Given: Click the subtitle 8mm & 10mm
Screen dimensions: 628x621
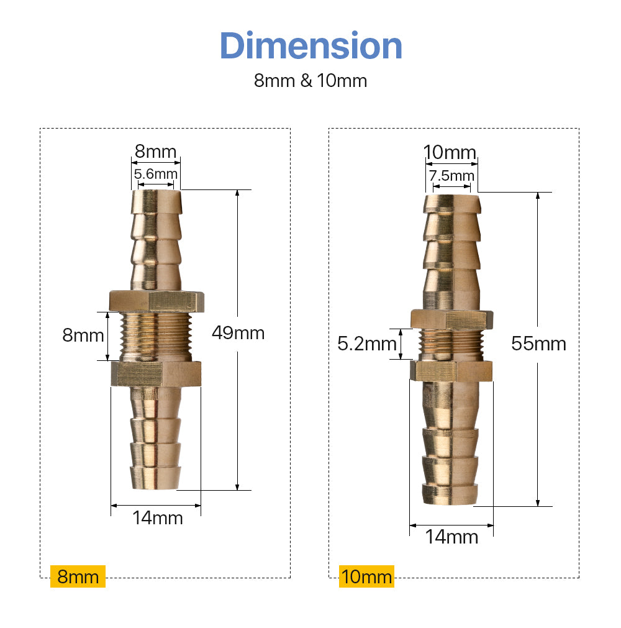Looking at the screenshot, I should coord(310,81).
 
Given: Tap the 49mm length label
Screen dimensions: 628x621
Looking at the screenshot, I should coord(238,333).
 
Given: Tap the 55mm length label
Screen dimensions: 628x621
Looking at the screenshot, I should coord(538,343).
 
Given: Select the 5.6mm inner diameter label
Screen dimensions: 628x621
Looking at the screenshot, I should coord(156,175).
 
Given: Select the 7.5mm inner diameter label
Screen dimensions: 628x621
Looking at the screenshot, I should coord(452,176).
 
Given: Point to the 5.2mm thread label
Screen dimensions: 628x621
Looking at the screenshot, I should coord(366,343).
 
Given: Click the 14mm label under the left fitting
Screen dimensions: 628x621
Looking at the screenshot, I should coord(157,517).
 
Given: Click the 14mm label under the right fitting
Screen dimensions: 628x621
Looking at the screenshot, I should coord(451,537).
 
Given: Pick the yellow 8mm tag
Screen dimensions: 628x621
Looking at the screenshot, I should coord(78,576).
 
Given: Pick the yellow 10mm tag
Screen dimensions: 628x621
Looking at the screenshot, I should coord(366,577).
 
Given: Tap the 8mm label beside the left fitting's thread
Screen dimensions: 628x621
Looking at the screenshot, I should coord(83,335).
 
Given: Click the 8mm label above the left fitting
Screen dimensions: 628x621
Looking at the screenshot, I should coord(156,152).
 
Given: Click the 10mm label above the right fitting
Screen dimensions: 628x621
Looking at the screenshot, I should coord(450,152).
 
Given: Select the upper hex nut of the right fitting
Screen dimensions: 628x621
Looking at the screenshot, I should coord(451,319).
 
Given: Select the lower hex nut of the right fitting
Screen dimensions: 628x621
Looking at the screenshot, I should coord(451,370).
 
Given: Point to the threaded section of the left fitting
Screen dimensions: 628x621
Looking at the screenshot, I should coord(155,336).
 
